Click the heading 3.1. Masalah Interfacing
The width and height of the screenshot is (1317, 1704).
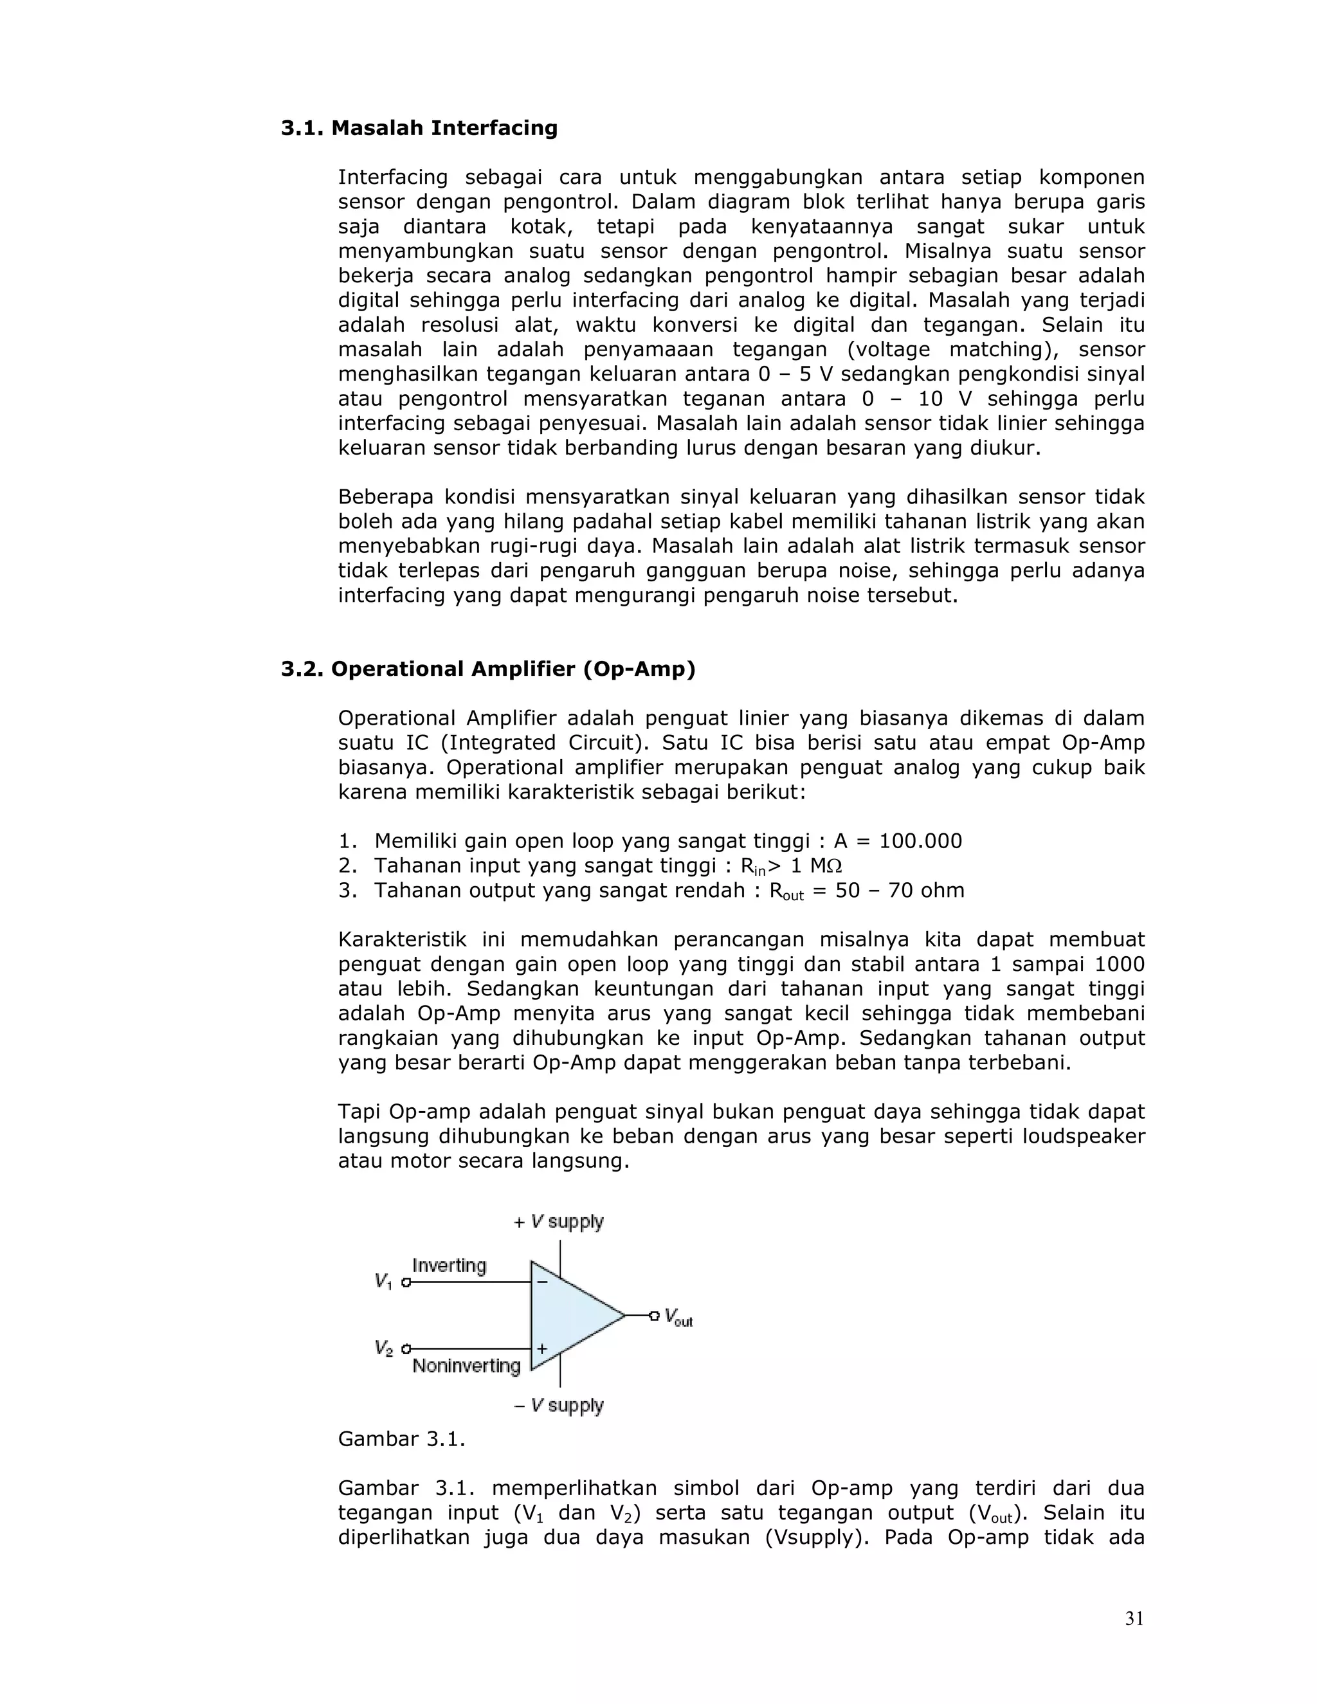pos(419,128)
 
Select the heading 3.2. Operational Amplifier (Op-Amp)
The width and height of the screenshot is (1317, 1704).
pos(487,669)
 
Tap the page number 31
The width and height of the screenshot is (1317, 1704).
pos(1134,1618)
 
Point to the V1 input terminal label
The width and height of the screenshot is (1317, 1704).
pos(383,1281)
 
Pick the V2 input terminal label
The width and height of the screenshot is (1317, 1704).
pos(383,1347)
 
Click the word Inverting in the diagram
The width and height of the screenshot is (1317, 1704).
pos(449,1265)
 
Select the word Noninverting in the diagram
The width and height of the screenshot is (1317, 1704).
pos(466,1365)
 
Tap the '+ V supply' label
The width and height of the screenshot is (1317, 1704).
pos(559,1221)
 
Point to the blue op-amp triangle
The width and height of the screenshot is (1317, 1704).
pos(574,1316)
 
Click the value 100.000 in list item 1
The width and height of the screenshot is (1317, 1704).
pos(920,841)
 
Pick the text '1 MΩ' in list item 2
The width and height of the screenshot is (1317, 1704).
pos(816,866)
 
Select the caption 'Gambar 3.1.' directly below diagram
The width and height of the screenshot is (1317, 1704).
pos(401,1438)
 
